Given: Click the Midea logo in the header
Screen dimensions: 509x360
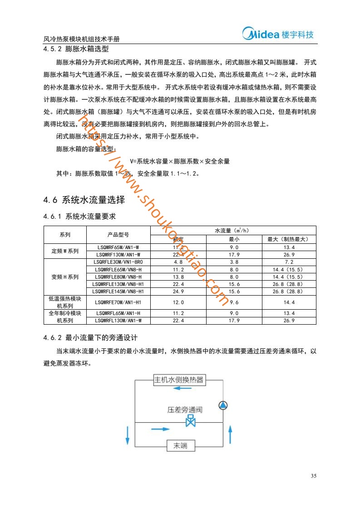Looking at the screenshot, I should coord(278,35).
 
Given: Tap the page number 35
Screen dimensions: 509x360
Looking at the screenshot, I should coord(313,476).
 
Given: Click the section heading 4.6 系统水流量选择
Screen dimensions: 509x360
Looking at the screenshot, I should coord(84,200).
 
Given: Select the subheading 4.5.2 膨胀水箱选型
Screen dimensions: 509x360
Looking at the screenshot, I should coord(76,49).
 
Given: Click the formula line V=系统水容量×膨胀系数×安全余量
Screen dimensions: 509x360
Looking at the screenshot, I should coord(180,161).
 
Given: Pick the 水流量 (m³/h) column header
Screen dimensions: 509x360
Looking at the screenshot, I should coord(233,231).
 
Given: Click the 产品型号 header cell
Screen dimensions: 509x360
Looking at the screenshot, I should coord(118,235).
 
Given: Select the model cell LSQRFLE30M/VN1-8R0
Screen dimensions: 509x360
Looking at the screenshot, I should coord(118,262).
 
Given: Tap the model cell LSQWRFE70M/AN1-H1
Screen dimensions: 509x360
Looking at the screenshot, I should coord(118,302).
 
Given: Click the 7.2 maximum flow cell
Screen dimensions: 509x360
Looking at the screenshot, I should coord(289,262).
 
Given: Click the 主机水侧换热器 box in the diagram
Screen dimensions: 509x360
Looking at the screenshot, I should coord(178,380).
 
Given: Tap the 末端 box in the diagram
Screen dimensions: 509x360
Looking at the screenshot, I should coord(181,446).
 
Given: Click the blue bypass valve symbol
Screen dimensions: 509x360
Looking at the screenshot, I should coord(191,421).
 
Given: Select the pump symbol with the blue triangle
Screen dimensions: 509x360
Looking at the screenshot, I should coord(223,405).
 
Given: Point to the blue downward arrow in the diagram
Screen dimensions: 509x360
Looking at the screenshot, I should coord(128,435).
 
